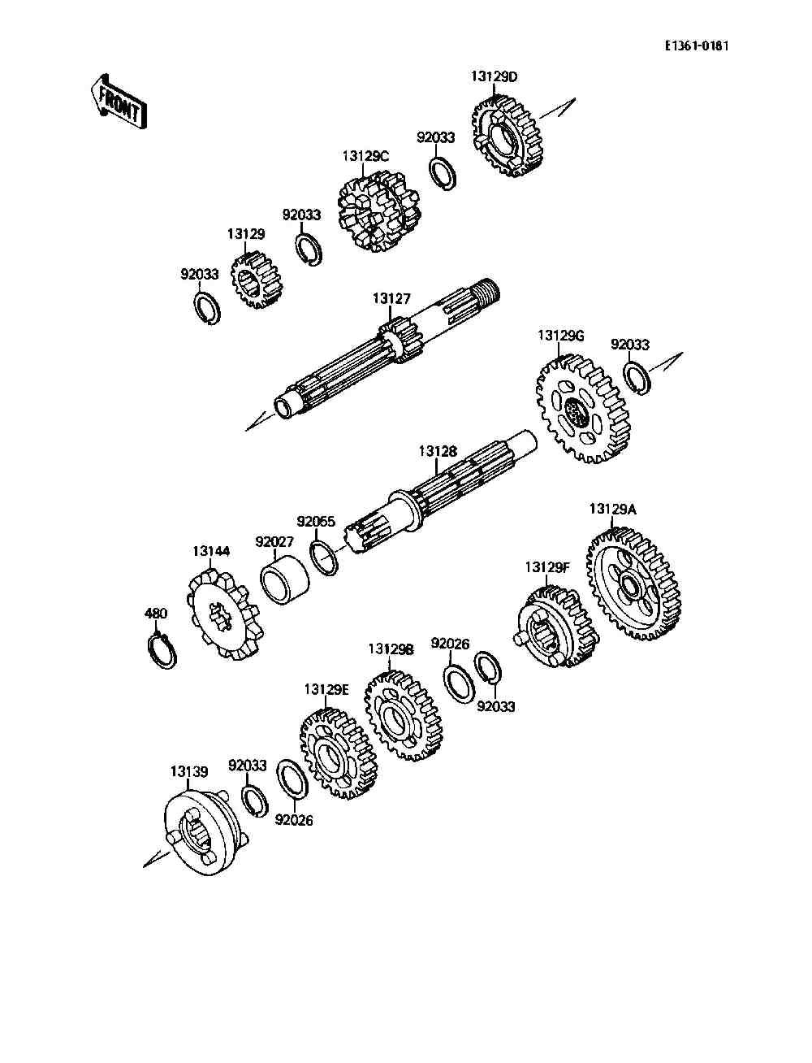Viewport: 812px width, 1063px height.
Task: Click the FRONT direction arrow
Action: coord(119,102)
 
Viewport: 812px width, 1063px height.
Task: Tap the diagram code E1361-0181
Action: coord(697,46)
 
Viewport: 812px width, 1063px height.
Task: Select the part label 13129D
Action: coord(494,76)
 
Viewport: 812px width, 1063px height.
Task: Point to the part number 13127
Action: coord(391,298)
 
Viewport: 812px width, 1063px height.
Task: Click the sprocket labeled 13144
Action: coord(225,614)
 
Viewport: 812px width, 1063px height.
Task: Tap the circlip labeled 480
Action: coord(162,650)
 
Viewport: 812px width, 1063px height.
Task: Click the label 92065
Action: coord(316,522)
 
